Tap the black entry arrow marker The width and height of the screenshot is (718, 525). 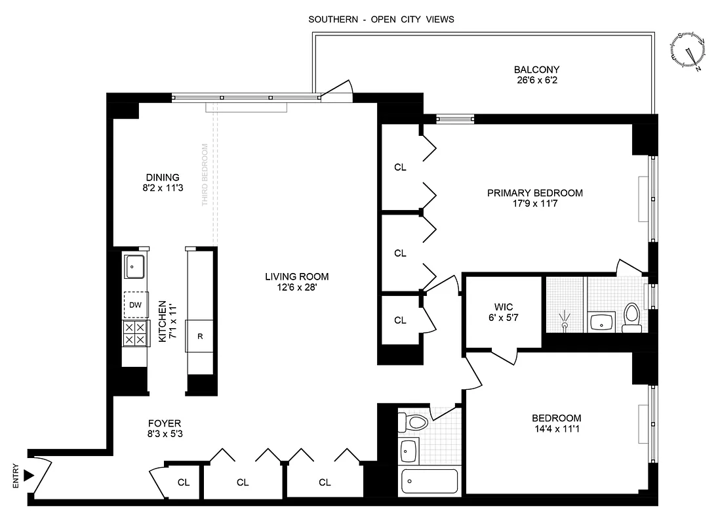[x=28, y=474]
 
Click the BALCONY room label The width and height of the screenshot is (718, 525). [x=536, y=70]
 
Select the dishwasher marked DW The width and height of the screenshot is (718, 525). [x=135, y=304]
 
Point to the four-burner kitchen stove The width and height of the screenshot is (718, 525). [x=135, y=333]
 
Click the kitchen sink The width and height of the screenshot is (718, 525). [x=136, y=266]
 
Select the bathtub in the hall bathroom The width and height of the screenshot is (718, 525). [x=429, y=483]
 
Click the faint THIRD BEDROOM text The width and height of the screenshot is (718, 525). [x=205, y=175]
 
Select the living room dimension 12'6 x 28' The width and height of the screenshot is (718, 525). [x=292, y=287]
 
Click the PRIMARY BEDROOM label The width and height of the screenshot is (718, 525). [x=534, y=193]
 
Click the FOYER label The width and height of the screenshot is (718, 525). [x=164, y=423]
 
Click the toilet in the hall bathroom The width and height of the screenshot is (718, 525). [x=413, y=422]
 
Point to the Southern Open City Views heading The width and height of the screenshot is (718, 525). [x=381, y=20]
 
